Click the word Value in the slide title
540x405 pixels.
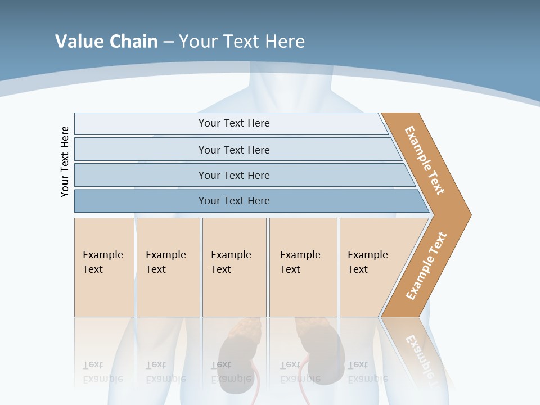(79, 41)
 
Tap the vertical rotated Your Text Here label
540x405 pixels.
(65, 162)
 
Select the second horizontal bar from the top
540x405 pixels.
(234, 150)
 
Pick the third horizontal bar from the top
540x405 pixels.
(234, 175)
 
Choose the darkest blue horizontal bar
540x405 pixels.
(234, 201)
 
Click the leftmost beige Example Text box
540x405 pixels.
(104, 267)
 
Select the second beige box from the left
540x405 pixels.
(168, 267)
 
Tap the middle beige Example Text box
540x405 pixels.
(234, 267)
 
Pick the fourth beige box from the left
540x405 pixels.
(303, 267)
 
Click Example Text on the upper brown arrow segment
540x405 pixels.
(425, 160)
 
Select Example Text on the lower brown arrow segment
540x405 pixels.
(426, 266)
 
